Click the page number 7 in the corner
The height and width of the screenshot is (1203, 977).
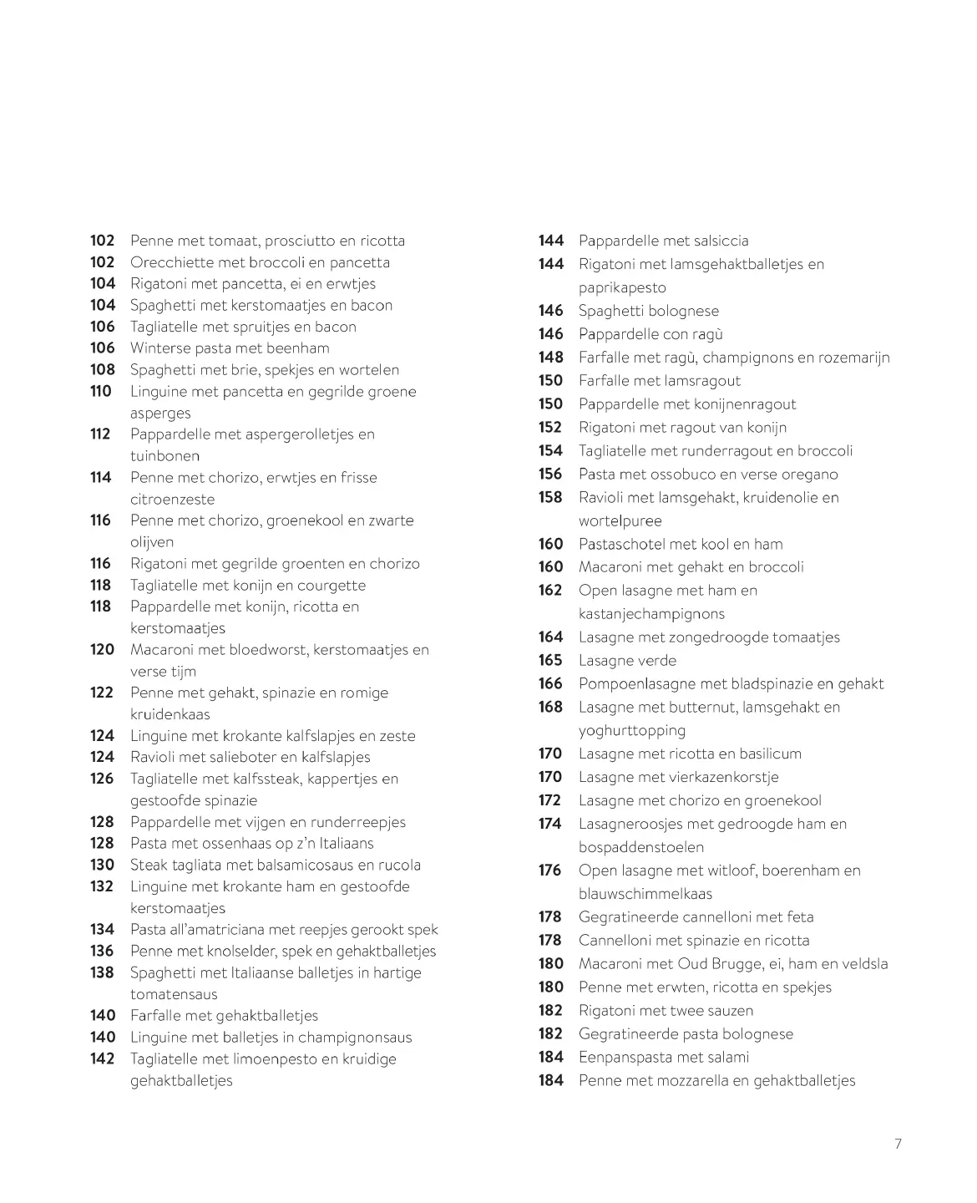(x=899, y=1144)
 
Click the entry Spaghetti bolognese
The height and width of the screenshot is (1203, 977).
(x=648, y=311)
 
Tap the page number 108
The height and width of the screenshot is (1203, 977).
(x=102, y=369)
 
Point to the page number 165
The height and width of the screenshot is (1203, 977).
(x=550, y=660)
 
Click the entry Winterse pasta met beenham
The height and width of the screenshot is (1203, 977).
(x=230, y=348)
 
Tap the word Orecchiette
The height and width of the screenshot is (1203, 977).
(x=171, y=262)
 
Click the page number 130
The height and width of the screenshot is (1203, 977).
(x=102, y=865)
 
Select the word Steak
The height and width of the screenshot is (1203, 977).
(x=149, y=865)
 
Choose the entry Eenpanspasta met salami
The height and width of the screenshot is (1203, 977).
(x=663, y=1057)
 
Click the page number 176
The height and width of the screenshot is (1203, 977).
(x=550, y=870)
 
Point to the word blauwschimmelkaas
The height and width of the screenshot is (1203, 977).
(x=645, y=893)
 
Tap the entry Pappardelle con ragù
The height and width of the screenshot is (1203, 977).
(x=650, y=334)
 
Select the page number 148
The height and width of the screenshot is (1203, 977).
(x=550, y=358)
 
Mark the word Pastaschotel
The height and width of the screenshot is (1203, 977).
(x=621, y=544)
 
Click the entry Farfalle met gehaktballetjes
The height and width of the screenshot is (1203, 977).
(x=224, y=1016)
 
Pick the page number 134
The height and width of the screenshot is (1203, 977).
(x=102, y=929)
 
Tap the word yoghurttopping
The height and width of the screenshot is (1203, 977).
(x=631, y=730)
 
